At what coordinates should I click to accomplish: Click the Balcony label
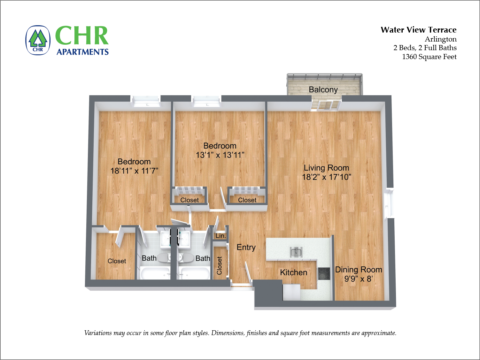click(323, 90)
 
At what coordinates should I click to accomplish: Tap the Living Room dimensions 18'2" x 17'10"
click(327, 177)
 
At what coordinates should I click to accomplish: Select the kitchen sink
click(296, 252)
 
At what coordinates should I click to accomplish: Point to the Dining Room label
click(359, 270)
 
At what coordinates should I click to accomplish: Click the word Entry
click(246, 248)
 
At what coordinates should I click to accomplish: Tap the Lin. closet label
click(221, 236)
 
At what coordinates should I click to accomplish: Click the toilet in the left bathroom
click(164, 258)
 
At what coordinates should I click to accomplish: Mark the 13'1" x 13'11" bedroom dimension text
click(220, 155)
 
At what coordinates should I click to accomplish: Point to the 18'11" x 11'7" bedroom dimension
click(134, 171)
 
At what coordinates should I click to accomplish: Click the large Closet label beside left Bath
click(117, 261)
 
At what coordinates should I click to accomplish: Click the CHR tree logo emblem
click(38, 40)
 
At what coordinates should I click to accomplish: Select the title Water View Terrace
click(418, 30)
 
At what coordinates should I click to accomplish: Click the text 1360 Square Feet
click(429, 57)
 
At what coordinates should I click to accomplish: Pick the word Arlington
click(440, 39)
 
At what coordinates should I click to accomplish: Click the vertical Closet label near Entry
click(219, 265)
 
